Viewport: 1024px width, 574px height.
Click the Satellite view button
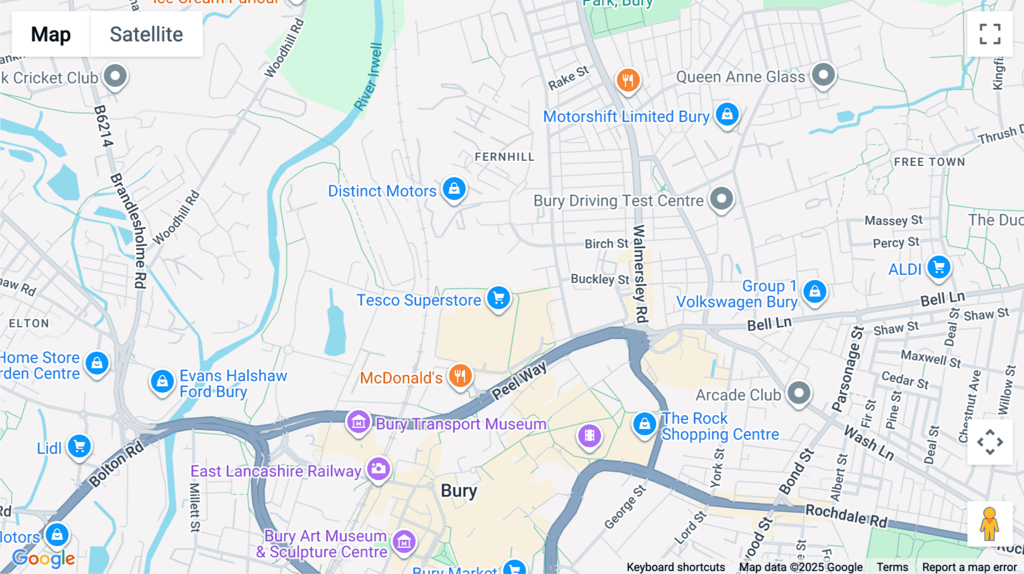[146, 34]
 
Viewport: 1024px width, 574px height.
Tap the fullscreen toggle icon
[990, 34]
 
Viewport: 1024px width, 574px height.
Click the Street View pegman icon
[989, 523]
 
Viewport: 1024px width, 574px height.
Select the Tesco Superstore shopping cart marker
[498, 298]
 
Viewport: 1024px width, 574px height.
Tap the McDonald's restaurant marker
[460, 376]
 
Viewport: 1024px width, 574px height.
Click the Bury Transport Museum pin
[358, 422]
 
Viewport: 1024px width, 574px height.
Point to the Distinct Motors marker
[454, 189]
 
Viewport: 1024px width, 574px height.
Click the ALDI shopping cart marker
[939, 267]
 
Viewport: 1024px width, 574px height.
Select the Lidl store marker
[79, 446]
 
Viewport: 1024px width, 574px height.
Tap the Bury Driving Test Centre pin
[721, 199]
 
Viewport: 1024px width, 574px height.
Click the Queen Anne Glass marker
[823, 74]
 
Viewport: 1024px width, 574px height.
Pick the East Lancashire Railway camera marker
[378, 469]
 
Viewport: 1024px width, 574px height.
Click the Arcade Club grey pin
[799, 393]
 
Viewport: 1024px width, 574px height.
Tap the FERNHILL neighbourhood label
[505, 157]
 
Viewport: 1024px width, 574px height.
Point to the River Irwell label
[368, 77]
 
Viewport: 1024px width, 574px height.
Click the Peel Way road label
[519, 380]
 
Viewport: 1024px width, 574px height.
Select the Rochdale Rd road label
[846, 515]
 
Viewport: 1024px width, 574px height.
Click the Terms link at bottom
[892, 567]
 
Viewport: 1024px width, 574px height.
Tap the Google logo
[44, 559]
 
